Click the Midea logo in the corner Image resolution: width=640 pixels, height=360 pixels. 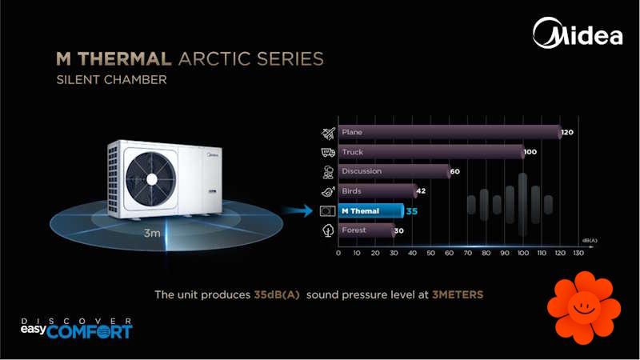[x=578, y=33]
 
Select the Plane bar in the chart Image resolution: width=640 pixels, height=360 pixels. [x=450, y=132]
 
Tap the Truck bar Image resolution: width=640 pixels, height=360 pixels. [x=431, y=152]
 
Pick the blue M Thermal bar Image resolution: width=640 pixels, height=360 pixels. [x=371, y=211]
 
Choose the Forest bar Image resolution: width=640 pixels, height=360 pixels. [x=366, y=230]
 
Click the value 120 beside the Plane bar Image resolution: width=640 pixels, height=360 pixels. [x=567, y=132]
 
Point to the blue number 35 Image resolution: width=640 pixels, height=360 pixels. [x=412, y=211]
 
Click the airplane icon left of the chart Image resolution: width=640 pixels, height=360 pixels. [x=328, y=133]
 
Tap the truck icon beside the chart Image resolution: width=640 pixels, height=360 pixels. [x=328, y=152]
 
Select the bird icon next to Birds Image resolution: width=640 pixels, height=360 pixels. [x=328, y=191]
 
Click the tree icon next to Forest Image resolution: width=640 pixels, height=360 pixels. [x=328, y=230]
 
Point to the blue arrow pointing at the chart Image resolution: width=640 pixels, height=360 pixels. [x=298, y=210]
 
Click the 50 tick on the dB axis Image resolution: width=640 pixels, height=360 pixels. [x=430, y=253]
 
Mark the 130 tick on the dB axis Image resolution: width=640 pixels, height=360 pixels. [x=578, y=253]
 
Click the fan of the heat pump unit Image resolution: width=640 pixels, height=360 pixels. [x=151, y=179]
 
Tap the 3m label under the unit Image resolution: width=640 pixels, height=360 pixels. [x=152, y=233]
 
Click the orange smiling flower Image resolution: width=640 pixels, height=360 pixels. [x=584, y=308]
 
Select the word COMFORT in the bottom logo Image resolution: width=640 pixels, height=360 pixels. [x=90, y=331]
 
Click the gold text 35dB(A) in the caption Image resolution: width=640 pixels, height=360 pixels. [x=277, y=294]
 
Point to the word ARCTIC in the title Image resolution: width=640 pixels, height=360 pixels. [x=214, y=58]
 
